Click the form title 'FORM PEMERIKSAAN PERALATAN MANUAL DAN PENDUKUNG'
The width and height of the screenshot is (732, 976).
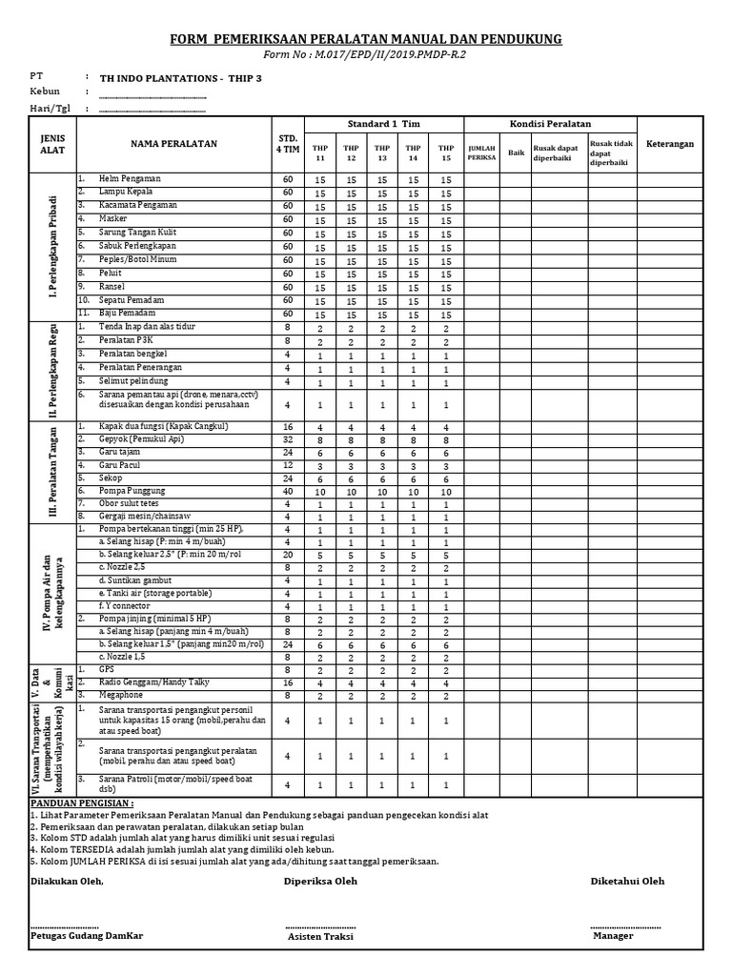coord(365,39)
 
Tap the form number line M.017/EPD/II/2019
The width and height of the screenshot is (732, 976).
coord(365,55)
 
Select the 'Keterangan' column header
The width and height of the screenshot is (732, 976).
coord(671,144)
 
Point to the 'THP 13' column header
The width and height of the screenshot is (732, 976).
coord(382,152)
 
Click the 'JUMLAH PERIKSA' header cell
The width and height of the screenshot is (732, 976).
coord(481,152)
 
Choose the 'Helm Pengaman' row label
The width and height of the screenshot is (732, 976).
coord(130,179)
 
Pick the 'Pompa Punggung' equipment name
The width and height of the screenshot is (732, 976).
coord(132,490)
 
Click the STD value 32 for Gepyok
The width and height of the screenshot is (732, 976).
coord(288,441)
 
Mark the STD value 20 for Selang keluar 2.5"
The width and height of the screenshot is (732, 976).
coord(288,554)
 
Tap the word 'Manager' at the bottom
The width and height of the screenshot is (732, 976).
coord(613,936)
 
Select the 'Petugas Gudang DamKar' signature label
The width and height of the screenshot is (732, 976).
coord(87,936)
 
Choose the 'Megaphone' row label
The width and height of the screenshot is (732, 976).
coord(124,697)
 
